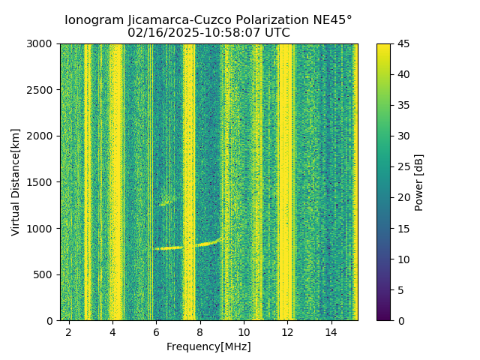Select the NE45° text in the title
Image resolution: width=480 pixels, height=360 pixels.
click(331, 20)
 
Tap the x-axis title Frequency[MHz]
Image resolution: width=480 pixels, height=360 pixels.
click(208, 346)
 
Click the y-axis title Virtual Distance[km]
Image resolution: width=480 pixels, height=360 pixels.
click(16, 182)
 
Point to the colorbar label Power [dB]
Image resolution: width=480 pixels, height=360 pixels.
click(419, 182)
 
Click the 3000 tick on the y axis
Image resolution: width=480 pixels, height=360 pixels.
click(42, 44)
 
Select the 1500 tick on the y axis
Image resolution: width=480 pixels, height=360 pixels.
click(42, 182)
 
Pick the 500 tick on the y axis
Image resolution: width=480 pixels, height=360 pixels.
click(45, 274)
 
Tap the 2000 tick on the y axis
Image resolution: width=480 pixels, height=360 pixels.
click(42, 136)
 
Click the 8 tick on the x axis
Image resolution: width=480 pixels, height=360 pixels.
click(200, 331)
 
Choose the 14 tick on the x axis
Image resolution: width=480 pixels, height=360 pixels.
click(331, 331)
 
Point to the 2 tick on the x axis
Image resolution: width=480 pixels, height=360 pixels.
click(69, 331)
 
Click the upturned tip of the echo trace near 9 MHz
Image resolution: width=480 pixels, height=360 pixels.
click(219, 239)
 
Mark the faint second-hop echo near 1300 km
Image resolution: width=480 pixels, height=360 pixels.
click(166, 201)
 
